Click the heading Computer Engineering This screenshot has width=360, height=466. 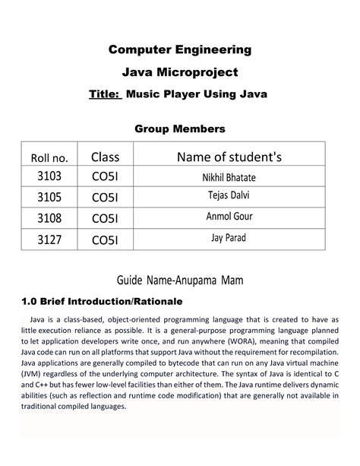click(x=179, y=50)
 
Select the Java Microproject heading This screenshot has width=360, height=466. click(x=179, y=72)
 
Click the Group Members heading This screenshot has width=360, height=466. click(x=180, y=129)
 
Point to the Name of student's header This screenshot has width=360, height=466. click(x=229, y=157)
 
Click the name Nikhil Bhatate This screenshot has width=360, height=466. click(x=229, y=177)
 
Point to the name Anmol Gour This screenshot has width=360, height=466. click(x=229, y=218)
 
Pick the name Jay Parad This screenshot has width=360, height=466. click(x=229, y=239)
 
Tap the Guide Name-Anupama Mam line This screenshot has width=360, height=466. click(x=180, y=281)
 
